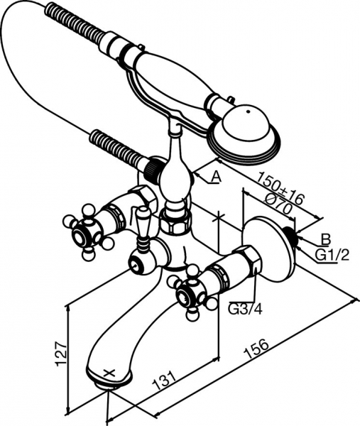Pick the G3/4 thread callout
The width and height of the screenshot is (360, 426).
pos(246,309)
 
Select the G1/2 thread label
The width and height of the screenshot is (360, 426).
pos(332,256)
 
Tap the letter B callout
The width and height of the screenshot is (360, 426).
pos(325,239)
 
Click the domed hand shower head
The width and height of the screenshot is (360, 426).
pos(244,133)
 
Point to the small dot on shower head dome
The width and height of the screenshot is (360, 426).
pos(248,111)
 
